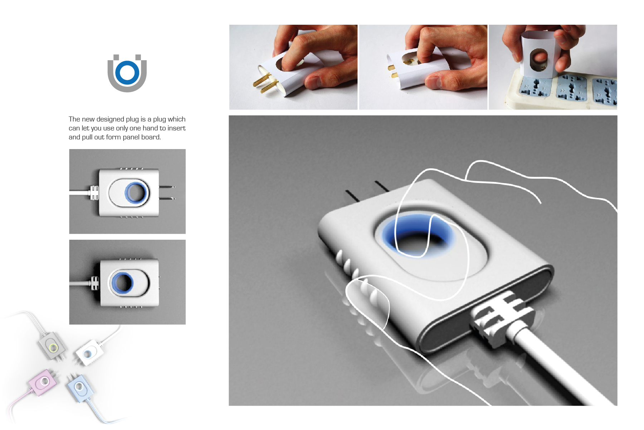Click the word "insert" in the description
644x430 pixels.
tap(177, 128)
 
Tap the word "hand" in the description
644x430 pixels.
tap(150, 128)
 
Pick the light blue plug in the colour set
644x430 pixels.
tap(80, 388)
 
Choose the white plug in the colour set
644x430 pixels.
tap(89, 352)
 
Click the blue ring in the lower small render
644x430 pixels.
tap(122, 282)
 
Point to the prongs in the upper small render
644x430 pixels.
tap(167, 192)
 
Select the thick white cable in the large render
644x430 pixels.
tap(558, 369)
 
